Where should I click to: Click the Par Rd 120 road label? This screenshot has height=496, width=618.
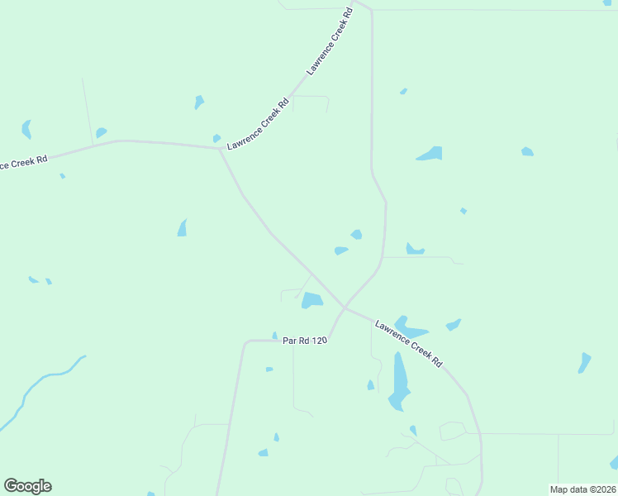(x=306, y=340)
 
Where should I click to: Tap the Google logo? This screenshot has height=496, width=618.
(x=27, y=486)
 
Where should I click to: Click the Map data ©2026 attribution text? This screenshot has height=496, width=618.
(x=583, y=489)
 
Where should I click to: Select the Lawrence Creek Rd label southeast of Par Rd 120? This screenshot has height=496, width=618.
(x=409, y=344)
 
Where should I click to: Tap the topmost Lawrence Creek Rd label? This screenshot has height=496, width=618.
(x=330, y=42)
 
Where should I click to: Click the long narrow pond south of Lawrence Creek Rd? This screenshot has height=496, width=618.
(x=399, y=380)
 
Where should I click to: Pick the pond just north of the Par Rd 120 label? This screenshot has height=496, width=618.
(x=311, y=300)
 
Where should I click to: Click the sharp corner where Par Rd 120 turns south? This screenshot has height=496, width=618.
(x=245, y=342)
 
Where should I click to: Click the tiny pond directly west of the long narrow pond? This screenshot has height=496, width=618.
(x=371, y=385)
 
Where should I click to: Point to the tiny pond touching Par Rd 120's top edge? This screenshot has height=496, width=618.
(x=275, y=336)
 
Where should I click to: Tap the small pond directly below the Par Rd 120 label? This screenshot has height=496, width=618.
(x=269, y=370)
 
